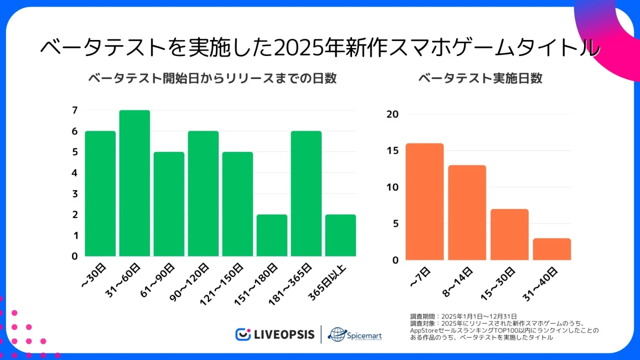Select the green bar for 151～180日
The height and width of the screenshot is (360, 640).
(271, 235)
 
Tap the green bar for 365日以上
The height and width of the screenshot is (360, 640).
(340, 235)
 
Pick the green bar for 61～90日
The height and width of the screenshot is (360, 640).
(169, 204)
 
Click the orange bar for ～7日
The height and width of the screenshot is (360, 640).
(424, 202)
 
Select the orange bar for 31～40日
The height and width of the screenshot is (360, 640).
(551, 249)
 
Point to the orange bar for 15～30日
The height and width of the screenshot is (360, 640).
(509, 235)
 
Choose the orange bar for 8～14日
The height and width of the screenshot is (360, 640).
(467, 213)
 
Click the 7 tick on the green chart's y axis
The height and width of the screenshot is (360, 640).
(75, 110)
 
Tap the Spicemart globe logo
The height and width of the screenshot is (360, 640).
(337, 334)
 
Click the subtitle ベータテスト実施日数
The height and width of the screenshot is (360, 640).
(480, 78)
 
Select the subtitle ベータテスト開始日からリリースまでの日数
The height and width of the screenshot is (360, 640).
(212, 78)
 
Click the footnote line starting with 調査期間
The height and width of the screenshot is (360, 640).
(463, 316)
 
